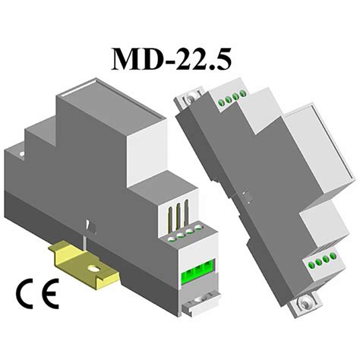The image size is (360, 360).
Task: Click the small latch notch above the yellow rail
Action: (90, 227)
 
